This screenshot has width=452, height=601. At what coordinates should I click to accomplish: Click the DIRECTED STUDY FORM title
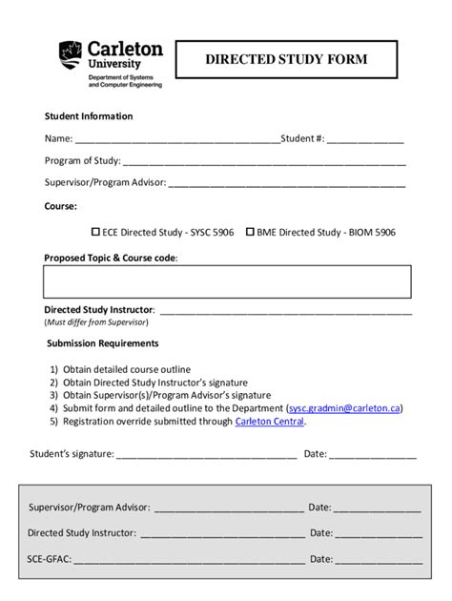(286, 60)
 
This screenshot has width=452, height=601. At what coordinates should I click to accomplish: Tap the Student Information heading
(89, 116)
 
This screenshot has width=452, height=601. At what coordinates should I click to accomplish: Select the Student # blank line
(366, 140)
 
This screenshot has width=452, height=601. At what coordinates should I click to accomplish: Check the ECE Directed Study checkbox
(95, 231)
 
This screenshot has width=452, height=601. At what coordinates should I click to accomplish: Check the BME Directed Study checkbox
(251, 231)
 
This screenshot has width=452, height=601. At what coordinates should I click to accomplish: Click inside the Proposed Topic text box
(226, 282)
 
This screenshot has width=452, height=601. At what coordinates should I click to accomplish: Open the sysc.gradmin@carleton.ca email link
(344, 407)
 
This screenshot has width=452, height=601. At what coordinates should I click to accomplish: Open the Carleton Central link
(270, 421)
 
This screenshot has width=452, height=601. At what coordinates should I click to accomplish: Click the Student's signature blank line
(207, 455)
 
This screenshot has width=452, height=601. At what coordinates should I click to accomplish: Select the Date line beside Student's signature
(373, 455)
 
